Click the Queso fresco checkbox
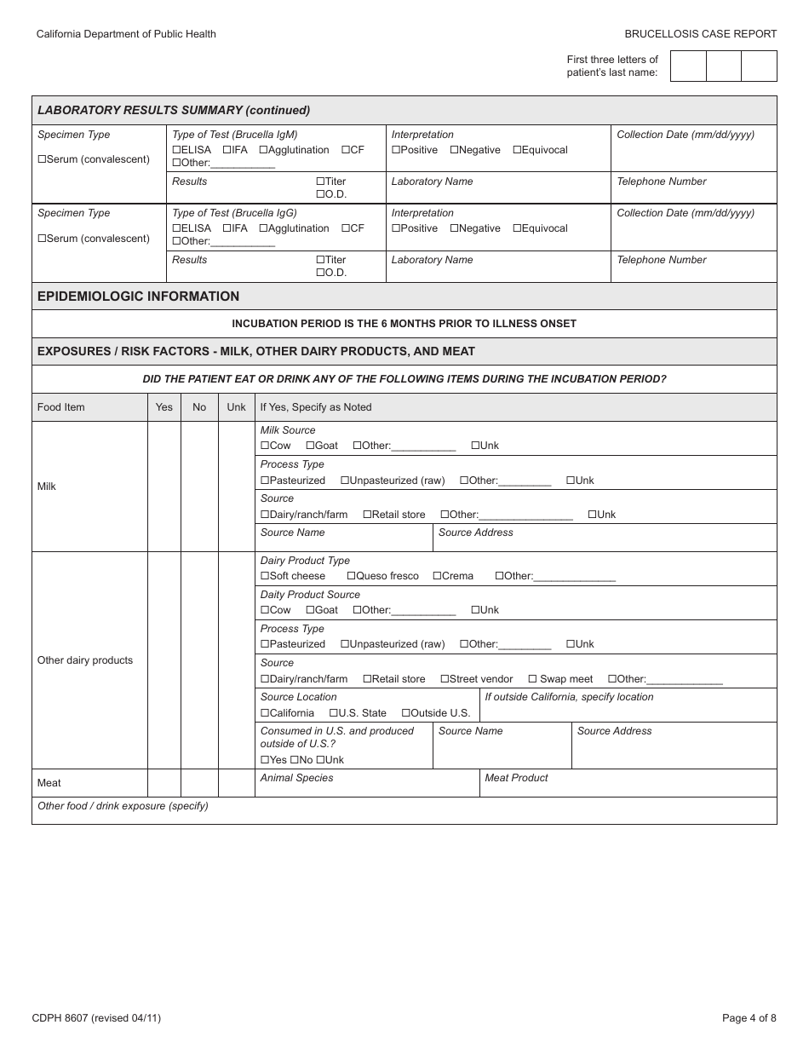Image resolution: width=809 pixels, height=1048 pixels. pos(352,576)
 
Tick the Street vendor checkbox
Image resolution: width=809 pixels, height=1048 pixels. pos(445,679)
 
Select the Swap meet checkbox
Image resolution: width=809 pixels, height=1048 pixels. pos(532,679)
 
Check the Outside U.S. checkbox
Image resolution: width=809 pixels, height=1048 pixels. pos(406,713)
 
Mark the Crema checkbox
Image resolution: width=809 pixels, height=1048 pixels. pos(438,576)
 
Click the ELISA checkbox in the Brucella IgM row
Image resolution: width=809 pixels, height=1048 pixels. pos(177,150)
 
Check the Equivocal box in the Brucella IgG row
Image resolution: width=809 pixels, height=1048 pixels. pos(518,228)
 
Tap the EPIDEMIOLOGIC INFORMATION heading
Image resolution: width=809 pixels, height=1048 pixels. pos(138,297)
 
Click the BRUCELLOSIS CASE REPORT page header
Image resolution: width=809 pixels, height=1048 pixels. pos(700,34)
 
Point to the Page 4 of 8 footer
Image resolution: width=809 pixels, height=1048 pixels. pos(749,1017)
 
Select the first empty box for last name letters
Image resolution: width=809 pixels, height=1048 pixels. pos(688,66)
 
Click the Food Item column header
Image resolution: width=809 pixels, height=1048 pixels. pos(61,407)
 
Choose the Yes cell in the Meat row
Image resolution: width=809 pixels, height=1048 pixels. pos(164,783)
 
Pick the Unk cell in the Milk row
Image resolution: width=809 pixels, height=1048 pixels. pos(237,487)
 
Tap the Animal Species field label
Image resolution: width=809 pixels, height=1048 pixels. pos(296,778)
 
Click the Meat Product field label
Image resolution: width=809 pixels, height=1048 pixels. pos(516,778)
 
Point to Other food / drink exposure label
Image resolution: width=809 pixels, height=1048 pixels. pos(123,806)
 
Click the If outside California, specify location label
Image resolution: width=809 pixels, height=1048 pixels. pos(569,697)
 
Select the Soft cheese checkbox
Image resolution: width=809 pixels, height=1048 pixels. pos(265,576)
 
